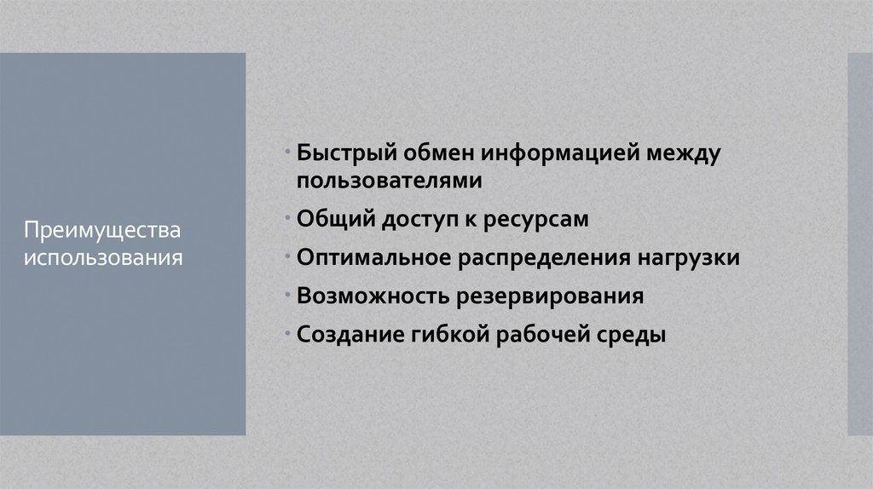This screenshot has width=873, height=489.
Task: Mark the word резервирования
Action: [x=552, y=296]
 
